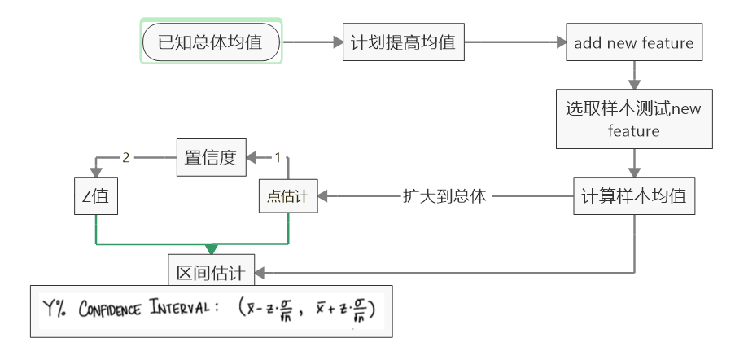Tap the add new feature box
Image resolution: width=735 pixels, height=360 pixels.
pos(633,43)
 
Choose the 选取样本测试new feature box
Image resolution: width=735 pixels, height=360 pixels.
pos(633,119)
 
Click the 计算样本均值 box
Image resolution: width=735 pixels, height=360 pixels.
pos(633,195)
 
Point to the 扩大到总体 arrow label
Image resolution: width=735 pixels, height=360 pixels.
pos(444,196)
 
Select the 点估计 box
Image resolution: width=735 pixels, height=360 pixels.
pos(289,196)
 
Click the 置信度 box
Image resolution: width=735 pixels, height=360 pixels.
pos(211,157)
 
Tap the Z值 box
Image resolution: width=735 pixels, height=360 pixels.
pos(95,196)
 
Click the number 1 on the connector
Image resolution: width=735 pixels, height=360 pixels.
pos(277,156)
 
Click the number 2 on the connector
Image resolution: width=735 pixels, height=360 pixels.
pos(126,156)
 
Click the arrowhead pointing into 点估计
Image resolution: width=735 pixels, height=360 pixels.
pos(324,196)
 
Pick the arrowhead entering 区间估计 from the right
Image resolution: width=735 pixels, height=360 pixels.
pos(260,273)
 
